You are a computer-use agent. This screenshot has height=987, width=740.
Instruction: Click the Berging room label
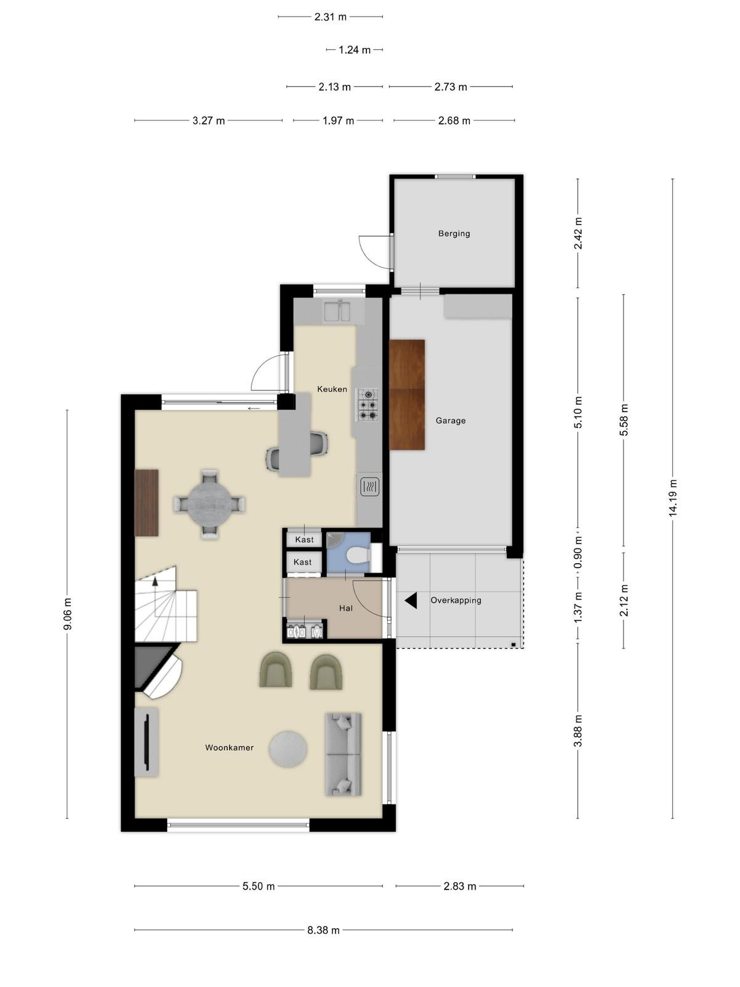tap(454, 233)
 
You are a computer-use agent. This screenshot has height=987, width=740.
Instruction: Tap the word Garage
tap(450, 421)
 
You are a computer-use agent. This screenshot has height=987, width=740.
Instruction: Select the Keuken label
tap(332, 389)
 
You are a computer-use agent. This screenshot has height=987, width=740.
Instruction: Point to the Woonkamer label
tap(229, 747)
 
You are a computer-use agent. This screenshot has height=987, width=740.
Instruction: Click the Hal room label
tap(345, 608)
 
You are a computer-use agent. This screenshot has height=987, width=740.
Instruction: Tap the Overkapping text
tap(456, 600)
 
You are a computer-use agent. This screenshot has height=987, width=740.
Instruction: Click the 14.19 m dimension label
tap(673, 497)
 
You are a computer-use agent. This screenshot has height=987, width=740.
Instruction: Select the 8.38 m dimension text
tap(324, 930)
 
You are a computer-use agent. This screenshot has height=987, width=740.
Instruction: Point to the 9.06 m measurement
tap(67, 614)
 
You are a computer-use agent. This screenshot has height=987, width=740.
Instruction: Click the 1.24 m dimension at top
tap(355, 50)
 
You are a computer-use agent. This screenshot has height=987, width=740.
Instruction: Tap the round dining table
tap(209, 503)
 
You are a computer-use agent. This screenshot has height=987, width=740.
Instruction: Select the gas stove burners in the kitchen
tap(368, 405)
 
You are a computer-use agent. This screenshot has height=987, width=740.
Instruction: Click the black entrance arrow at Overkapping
tap(411, 600)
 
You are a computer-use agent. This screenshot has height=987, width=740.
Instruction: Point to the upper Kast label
tap(304, 540)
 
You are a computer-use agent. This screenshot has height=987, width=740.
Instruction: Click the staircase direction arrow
tap(155, 582)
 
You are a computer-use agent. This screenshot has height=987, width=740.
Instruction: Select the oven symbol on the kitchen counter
tap(370, 487)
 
